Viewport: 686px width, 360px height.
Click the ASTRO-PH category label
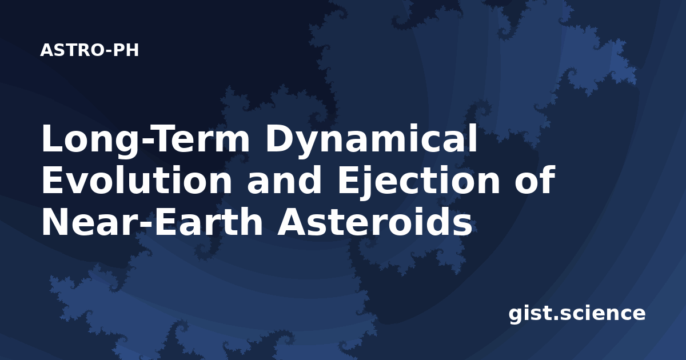(89, 50)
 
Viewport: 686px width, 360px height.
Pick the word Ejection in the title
(418, 182)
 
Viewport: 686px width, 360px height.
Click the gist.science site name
(577, 314)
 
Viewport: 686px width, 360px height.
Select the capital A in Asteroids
(293, 222)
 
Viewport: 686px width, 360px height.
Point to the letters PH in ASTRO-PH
(126, 50)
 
